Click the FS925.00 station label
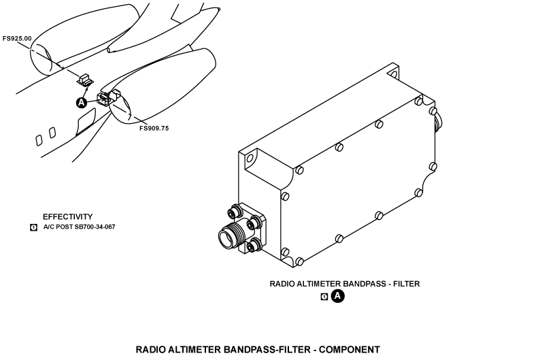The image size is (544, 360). [x=17, y=39]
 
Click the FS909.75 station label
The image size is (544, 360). [x=154, y=129]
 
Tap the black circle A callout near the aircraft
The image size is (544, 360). [x=81, y=103]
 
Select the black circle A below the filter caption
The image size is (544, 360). [x=337, y=297]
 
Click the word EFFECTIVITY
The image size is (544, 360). [x=67, y=216]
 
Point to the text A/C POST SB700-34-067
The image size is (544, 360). [x=79, y=227]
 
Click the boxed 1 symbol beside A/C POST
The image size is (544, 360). [x=33, y=227]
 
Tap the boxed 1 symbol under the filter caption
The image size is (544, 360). [x=324, y=297]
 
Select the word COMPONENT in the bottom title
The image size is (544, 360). [x=350, y=350]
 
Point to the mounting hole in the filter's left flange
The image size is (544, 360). [x=250, y=159]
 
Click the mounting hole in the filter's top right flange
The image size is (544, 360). [x=393, y=74]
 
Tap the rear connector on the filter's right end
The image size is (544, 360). [x=438, y=122]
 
